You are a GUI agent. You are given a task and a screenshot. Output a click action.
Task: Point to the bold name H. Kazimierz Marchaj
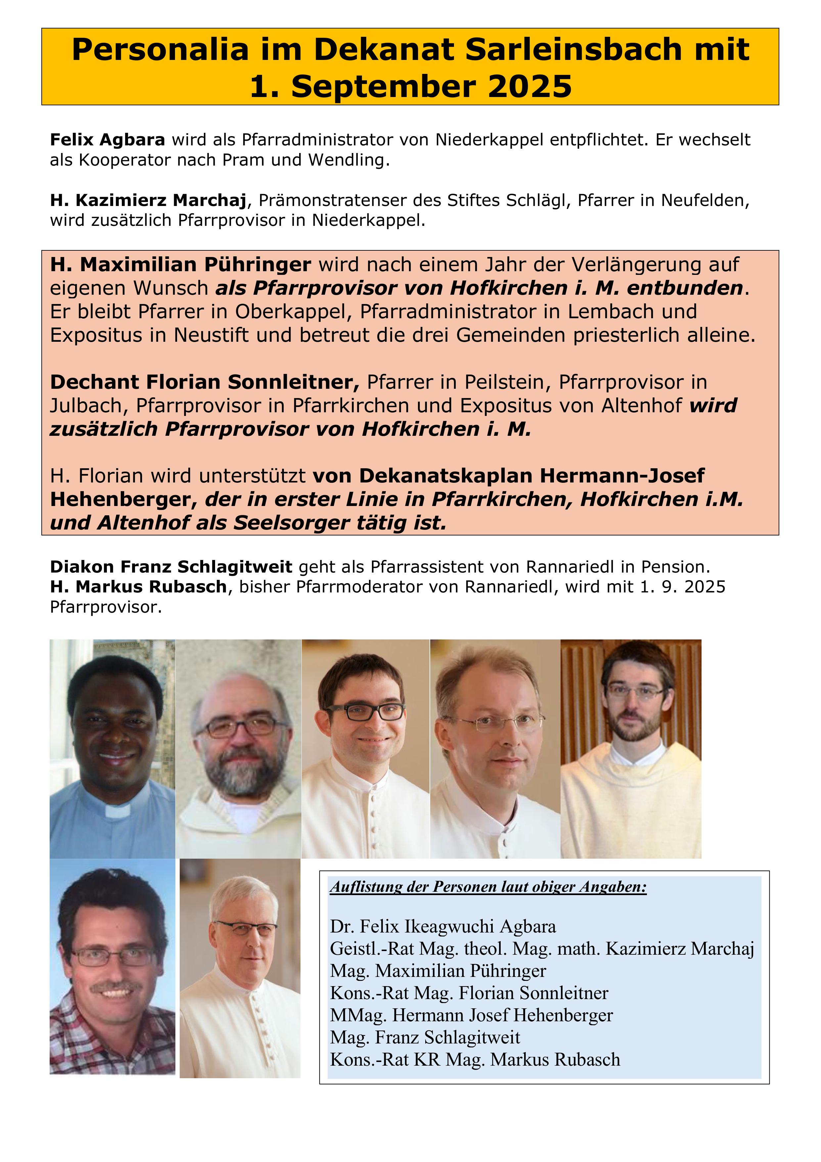[x=148, y=200]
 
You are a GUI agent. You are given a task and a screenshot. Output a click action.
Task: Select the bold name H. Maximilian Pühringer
[x=180, y=264]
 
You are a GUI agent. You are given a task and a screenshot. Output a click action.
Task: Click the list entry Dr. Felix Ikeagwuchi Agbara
[x=443, y=926]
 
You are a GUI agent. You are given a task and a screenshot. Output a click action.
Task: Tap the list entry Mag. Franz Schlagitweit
[x=425, y=1037]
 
